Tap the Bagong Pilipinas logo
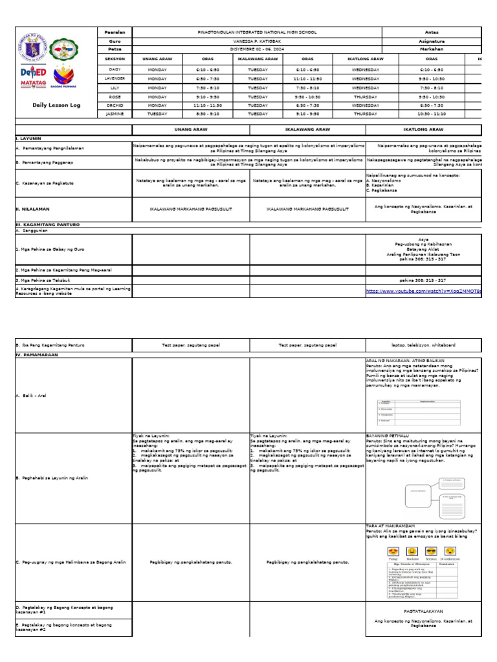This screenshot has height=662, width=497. click(64, 76)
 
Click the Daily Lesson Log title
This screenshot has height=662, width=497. click(56, 105)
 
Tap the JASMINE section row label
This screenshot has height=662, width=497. click(115, 114)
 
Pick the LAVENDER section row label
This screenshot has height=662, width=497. click(115, 78)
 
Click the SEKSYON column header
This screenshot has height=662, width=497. click(115, 58)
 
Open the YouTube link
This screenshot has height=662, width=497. click(424, 292)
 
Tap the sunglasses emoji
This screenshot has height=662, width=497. click(432, 551)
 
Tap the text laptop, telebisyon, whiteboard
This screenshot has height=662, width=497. click(423, 345)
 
